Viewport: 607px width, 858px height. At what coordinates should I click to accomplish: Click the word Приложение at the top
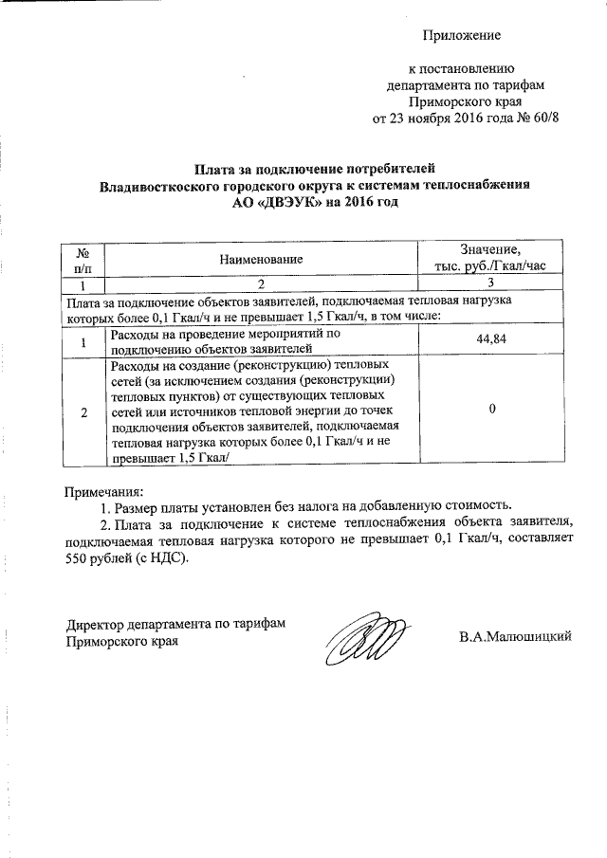[x=461, y=36]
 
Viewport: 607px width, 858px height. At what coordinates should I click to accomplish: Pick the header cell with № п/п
[x=82, y=258]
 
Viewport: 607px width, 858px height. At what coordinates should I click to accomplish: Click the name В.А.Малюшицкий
[x=515, y=637]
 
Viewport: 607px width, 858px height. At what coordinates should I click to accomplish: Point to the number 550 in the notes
[x=77, y=559]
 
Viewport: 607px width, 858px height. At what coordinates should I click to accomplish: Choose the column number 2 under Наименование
[x=260, y=283]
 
